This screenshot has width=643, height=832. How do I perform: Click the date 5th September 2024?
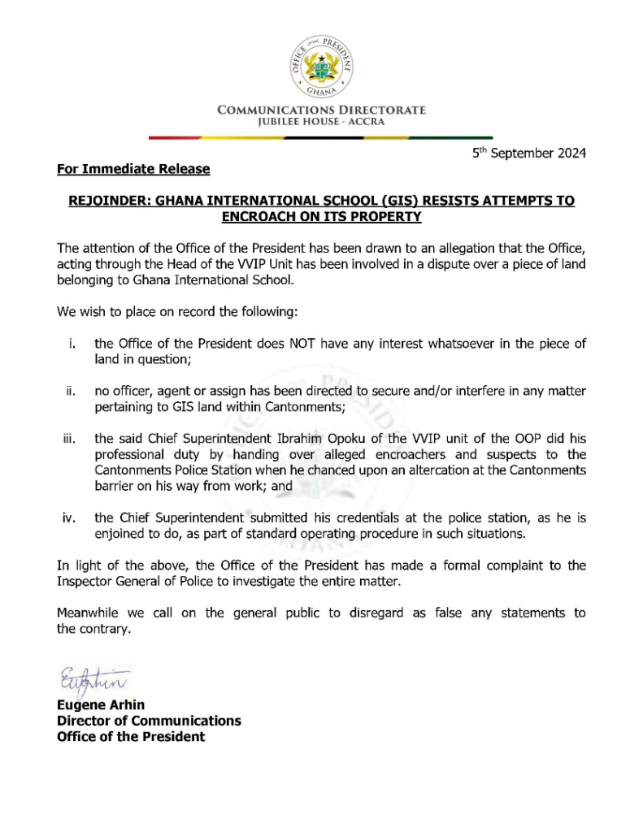click(x=529, y=153)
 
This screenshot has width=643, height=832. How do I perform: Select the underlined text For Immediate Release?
click(x=133, y=169)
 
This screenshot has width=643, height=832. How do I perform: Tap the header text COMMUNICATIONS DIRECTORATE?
click(x=321, y=110)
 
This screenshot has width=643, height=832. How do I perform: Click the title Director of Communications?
click(x=149, y=721)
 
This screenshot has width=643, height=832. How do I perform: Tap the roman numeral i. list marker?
click(x=72, y=344)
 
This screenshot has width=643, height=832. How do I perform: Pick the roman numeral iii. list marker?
click(x=70, y=440)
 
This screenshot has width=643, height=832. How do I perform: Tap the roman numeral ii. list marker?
click(x=71, y=392)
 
